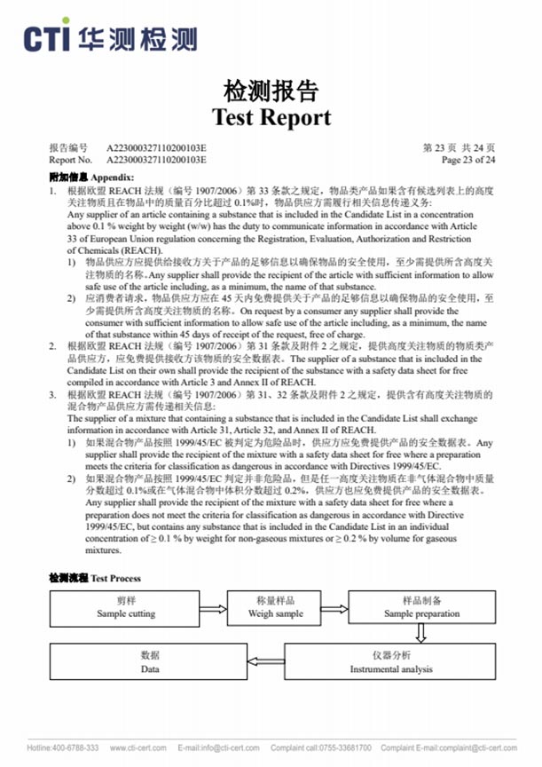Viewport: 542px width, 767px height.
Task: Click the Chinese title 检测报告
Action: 271,91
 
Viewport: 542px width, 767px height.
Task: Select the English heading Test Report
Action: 271,116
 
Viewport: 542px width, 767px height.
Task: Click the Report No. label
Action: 70,160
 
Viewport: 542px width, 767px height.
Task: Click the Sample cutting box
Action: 125,607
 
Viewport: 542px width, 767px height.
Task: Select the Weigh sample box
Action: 275,607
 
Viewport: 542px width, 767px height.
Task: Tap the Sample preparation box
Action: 421,607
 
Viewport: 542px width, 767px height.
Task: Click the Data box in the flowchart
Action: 150,661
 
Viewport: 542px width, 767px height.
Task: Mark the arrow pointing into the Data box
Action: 267,661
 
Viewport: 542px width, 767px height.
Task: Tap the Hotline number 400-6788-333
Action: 63,747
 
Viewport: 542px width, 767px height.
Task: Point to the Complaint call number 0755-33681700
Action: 321,747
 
